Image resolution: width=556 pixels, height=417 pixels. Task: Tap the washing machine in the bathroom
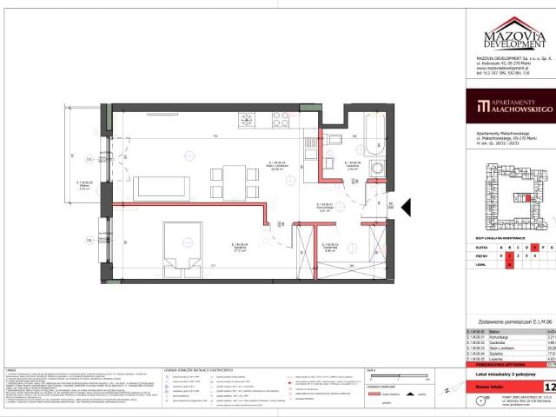coord(377,169)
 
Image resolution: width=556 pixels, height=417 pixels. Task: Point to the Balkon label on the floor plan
coord(84,195)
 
